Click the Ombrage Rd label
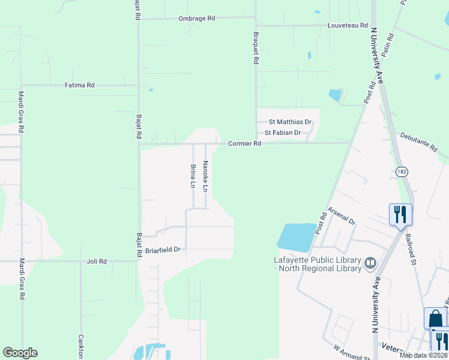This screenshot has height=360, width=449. point(196,19)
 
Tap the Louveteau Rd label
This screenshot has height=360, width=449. point(347,25)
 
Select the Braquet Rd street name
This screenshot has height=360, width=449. point(256,47)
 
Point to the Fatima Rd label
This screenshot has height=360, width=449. point(80,85)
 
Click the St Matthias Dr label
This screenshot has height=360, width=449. point(290,121)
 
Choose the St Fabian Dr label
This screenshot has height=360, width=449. point(282,133)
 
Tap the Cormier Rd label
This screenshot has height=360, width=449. point(244,144)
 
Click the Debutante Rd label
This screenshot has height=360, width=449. point(419,142)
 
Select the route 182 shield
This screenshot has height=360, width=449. point(402,172)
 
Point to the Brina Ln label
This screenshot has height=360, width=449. point(193,176)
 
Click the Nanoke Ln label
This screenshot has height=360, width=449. point(205,176)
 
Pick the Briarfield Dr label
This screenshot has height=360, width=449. point(163,249)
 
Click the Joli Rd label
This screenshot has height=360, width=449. point(97,262)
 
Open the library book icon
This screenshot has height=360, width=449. point(370,263)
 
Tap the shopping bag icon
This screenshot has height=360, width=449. point(435,318)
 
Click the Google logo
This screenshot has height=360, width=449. point(20,353)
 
